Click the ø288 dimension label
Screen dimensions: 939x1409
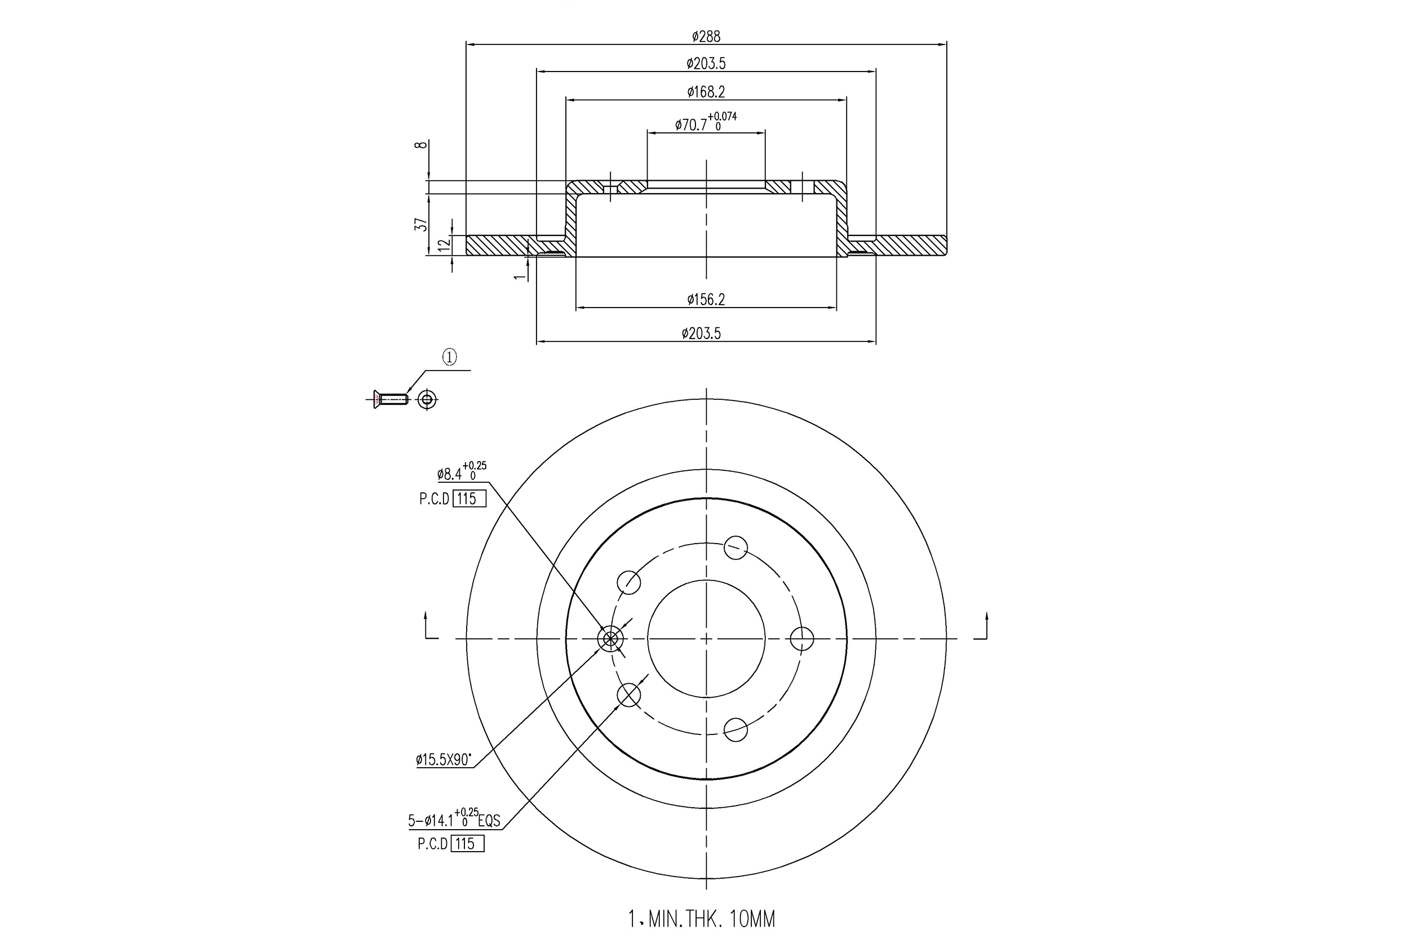[706, 37]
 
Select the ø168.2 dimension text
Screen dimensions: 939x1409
[706, 92]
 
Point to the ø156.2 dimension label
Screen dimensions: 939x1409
[706, 299]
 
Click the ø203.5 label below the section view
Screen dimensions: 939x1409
[701, 333]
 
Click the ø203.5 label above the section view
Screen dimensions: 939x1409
[706, 63]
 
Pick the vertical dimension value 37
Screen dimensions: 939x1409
[422, 225]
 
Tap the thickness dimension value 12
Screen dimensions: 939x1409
[444, 244]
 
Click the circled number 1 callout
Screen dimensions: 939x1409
[449, 358]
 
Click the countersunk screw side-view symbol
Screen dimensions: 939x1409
[390, 399]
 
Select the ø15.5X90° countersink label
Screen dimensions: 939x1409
[444, 760]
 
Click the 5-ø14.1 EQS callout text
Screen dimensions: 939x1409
[454, 819]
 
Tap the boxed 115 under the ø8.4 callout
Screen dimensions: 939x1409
[468, 499]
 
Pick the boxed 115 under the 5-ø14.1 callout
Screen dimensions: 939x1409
[467, 844]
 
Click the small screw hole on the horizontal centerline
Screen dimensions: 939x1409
[610, 639]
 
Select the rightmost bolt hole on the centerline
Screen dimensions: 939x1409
[801, 638]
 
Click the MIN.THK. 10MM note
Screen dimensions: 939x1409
[702, 918]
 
